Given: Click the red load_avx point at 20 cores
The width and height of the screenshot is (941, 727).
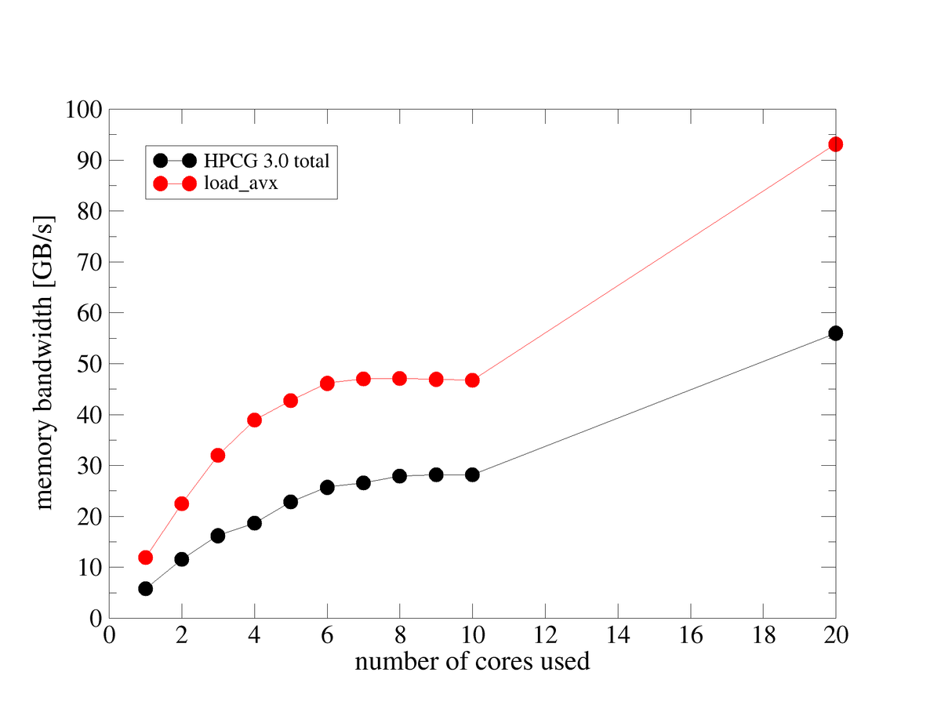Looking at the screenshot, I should tap(835, 144).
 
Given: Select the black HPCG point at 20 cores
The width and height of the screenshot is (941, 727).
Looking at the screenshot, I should tap(835, 333).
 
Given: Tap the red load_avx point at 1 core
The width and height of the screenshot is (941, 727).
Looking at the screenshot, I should tap(145, 558).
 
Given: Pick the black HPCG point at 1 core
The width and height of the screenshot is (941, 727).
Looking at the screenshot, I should tap(145, 588).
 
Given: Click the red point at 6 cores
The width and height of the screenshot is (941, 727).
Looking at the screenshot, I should tap(327, 383).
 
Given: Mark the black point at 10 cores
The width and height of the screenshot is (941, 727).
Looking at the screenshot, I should tap(472, 474).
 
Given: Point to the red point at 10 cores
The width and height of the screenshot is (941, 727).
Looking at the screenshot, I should tap(472, 380).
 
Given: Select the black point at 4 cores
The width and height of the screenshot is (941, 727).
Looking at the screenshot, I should tap(254, 523).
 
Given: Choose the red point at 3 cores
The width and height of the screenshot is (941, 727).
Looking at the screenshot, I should tap(218, 456).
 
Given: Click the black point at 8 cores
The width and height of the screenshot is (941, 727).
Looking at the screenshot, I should tap(399, 476).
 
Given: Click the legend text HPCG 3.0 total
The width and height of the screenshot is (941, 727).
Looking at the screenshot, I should tap(266, 161).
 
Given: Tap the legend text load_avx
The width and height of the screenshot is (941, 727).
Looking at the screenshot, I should tap(236, 184).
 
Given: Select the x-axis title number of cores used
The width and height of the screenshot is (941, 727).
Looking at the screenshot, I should tap(472, 661).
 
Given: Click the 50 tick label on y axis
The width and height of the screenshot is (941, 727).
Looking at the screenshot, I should tap(89, 364).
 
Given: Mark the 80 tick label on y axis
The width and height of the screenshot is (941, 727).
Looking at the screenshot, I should tap(89, 211).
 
